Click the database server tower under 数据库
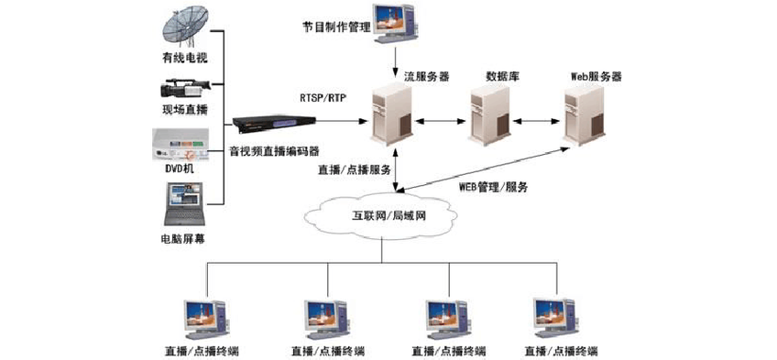pos(488,115)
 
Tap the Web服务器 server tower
pos(584,115)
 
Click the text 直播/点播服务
pos(356,169)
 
